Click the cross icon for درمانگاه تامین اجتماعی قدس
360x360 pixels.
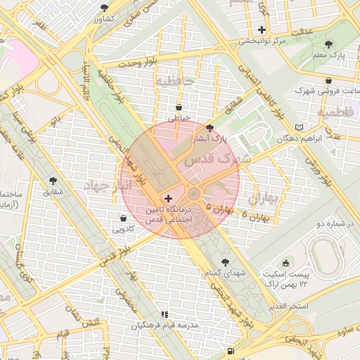pyautogui.click(x=167, y=199)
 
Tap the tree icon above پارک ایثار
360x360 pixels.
pyautogui.click(x=210, y=127)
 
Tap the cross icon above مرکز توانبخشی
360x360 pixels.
pyautogui.click(x=262, y=30)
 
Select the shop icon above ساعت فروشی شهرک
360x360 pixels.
pyautogui.click(x=329, y=80)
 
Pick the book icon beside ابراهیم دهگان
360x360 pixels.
pyautogui.click(x=300, y=127)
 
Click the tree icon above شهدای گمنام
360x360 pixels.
pyautogui.click(x=225, y=262)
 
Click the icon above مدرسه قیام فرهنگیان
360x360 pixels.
pyautogui.click(x=165, y=315)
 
